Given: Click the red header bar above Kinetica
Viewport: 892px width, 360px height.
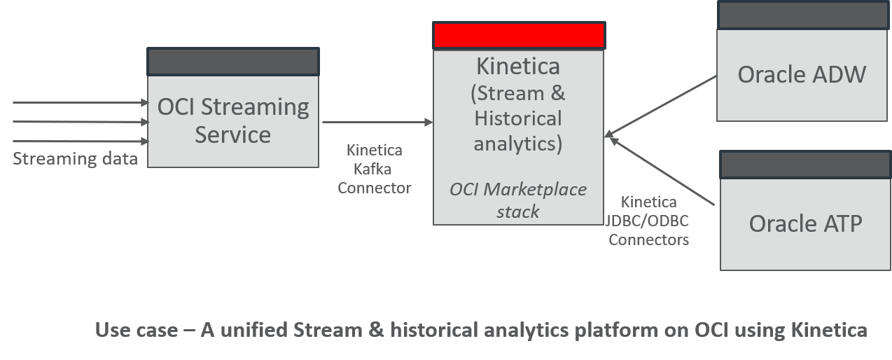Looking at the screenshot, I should click(519, 36).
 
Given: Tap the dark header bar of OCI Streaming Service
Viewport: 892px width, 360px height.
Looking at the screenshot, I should click(233, 62).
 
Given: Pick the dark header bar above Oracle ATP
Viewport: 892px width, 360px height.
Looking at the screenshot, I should click(806, 165).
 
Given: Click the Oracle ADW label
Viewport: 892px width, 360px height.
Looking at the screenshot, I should click(802, 74).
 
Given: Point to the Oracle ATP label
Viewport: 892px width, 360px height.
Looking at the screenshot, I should click(805, 223).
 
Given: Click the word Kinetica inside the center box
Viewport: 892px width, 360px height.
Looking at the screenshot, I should click(518, 67).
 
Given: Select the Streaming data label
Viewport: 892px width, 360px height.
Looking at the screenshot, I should click(75, 159).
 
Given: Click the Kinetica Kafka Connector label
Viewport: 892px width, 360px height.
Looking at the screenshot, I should click(375, 169).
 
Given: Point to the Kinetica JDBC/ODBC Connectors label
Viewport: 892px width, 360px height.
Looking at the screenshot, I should click(648, 221).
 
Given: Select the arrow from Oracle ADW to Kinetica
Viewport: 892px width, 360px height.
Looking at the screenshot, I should click(662, 105).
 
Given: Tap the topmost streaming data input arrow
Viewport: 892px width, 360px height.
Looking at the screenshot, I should click(81, 103).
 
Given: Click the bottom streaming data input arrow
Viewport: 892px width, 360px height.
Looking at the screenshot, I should click(81, 141).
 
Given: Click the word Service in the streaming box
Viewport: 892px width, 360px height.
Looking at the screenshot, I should click(233, 134).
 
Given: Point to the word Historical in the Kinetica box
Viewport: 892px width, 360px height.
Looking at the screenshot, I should click(518, 118).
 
